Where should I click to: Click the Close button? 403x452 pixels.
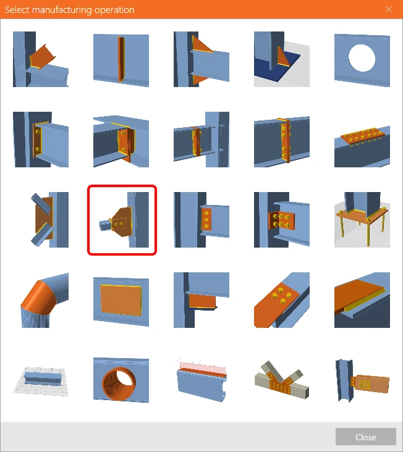coord(365,437)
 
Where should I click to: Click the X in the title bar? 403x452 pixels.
coord(389,9)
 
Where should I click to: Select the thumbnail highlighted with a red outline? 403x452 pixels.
coord(122,220)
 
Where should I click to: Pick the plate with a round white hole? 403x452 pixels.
coord(362,59)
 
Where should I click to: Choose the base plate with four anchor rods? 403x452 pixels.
coord(362,220)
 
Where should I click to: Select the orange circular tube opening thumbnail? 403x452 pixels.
coord(121,380)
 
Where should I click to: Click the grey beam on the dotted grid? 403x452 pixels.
coord(41,380)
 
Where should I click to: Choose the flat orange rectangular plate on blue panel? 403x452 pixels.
coord(121,300)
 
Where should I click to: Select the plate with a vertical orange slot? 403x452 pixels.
coord(121,59)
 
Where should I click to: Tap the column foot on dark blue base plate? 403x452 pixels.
coord(282,59)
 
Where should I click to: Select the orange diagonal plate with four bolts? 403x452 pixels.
coord(282,300)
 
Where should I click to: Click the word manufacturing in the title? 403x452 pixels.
coord(62,10)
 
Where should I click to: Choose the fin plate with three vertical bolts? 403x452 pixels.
coord(201,220)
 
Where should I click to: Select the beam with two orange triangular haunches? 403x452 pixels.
coord(201,59)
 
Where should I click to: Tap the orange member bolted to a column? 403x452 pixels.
coord(362,380)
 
